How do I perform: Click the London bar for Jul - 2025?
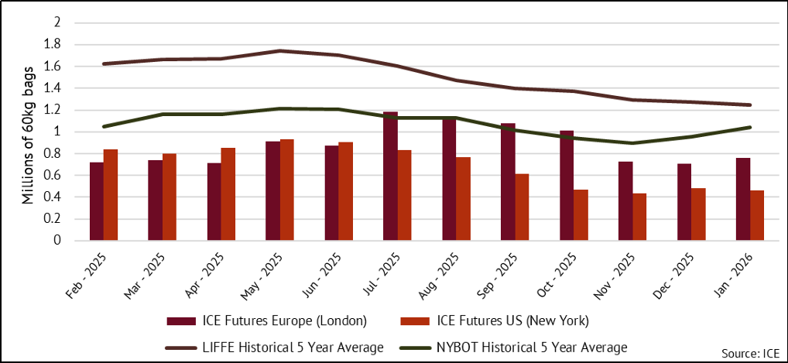[x=390, y=176]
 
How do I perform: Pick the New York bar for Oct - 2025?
[x=581, y=214]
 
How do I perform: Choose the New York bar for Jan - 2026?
[x=758, y=215]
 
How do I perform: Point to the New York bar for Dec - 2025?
[x=699, y=214]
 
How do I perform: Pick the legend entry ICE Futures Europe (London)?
[x=267, y=321]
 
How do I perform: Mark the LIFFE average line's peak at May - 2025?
[x=279, y=51]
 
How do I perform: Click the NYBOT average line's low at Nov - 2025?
[x=632, y=143]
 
